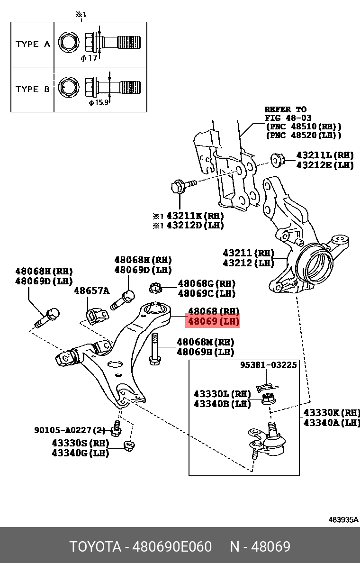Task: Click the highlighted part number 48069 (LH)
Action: tap(213, 322)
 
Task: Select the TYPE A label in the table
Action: tap(33, 44)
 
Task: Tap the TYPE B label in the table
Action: tap(33, 89)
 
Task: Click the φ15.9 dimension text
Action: tap(99, 102)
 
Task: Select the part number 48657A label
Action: tap(91, 291)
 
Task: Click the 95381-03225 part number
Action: tap(268, 365)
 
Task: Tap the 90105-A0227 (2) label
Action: tap(69, 430)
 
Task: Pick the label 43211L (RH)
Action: tap(324, 155)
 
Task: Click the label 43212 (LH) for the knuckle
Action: tap(248, 263)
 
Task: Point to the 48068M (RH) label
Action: tap(205, 342)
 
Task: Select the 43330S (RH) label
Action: tap(80, 443)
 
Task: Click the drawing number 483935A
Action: tap(343, 519)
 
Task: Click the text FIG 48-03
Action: tap(285, 118)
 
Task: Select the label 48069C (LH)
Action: tap(207, 294)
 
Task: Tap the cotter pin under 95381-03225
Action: tap(264, 387)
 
